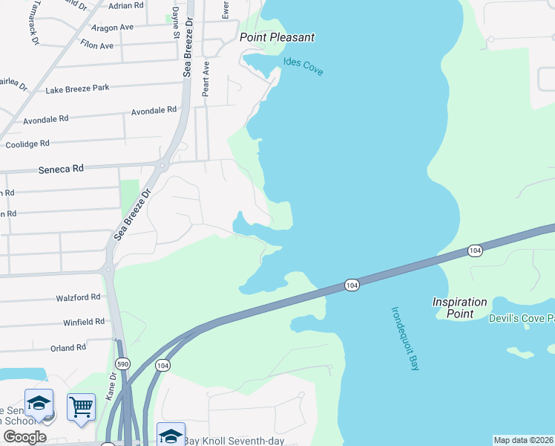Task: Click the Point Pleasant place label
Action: coord(277,37)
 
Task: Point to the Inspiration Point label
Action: coord(460,308)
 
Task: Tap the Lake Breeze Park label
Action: coord(77,88)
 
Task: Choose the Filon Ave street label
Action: coord(96,45)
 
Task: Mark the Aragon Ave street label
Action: coord(111,27)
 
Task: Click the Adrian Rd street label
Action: coord(125,6)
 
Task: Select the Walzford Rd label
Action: coord(78,297)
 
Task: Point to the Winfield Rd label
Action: coord(83,322)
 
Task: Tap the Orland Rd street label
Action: coord(68,347)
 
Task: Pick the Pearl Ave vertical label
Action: coord(206,77)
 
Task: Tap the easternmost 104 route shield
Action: coord(476,251)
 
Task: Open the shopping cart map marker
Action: coord(81,407)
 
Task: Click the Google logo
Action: coord(24,437)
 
